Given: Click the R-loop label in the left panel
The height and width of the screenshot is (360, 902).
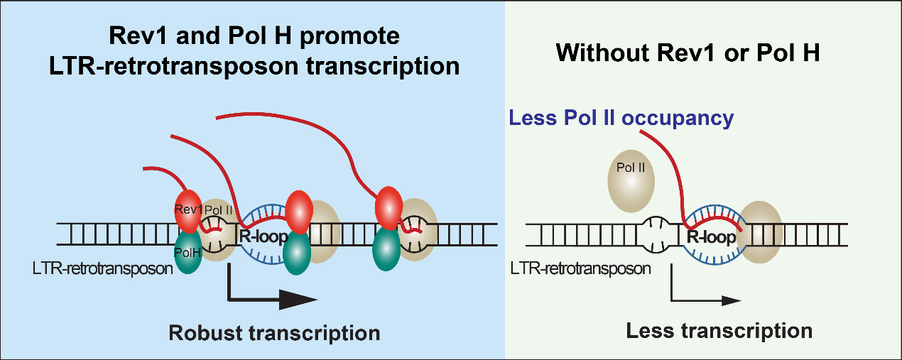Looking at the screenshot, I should (258, 236).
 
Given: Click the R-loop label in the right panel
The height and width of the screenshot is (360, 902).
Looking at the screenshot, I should (712, 237).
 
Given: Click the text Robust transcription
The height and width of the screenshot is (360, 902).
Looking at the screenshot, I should (274, 332).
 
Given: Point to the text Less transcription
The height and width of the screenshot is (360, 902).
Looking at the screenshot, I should (719, 330).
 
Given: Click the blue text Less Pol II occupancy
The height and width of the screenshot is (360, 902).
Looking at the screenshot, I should (621, 118).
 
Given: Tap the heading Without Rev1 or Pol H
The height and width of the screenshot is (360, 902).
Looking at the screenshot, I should (689, 52).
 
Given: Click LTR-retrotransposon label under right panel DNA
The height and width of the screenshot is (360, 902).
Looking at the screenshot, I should (581, 269).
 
